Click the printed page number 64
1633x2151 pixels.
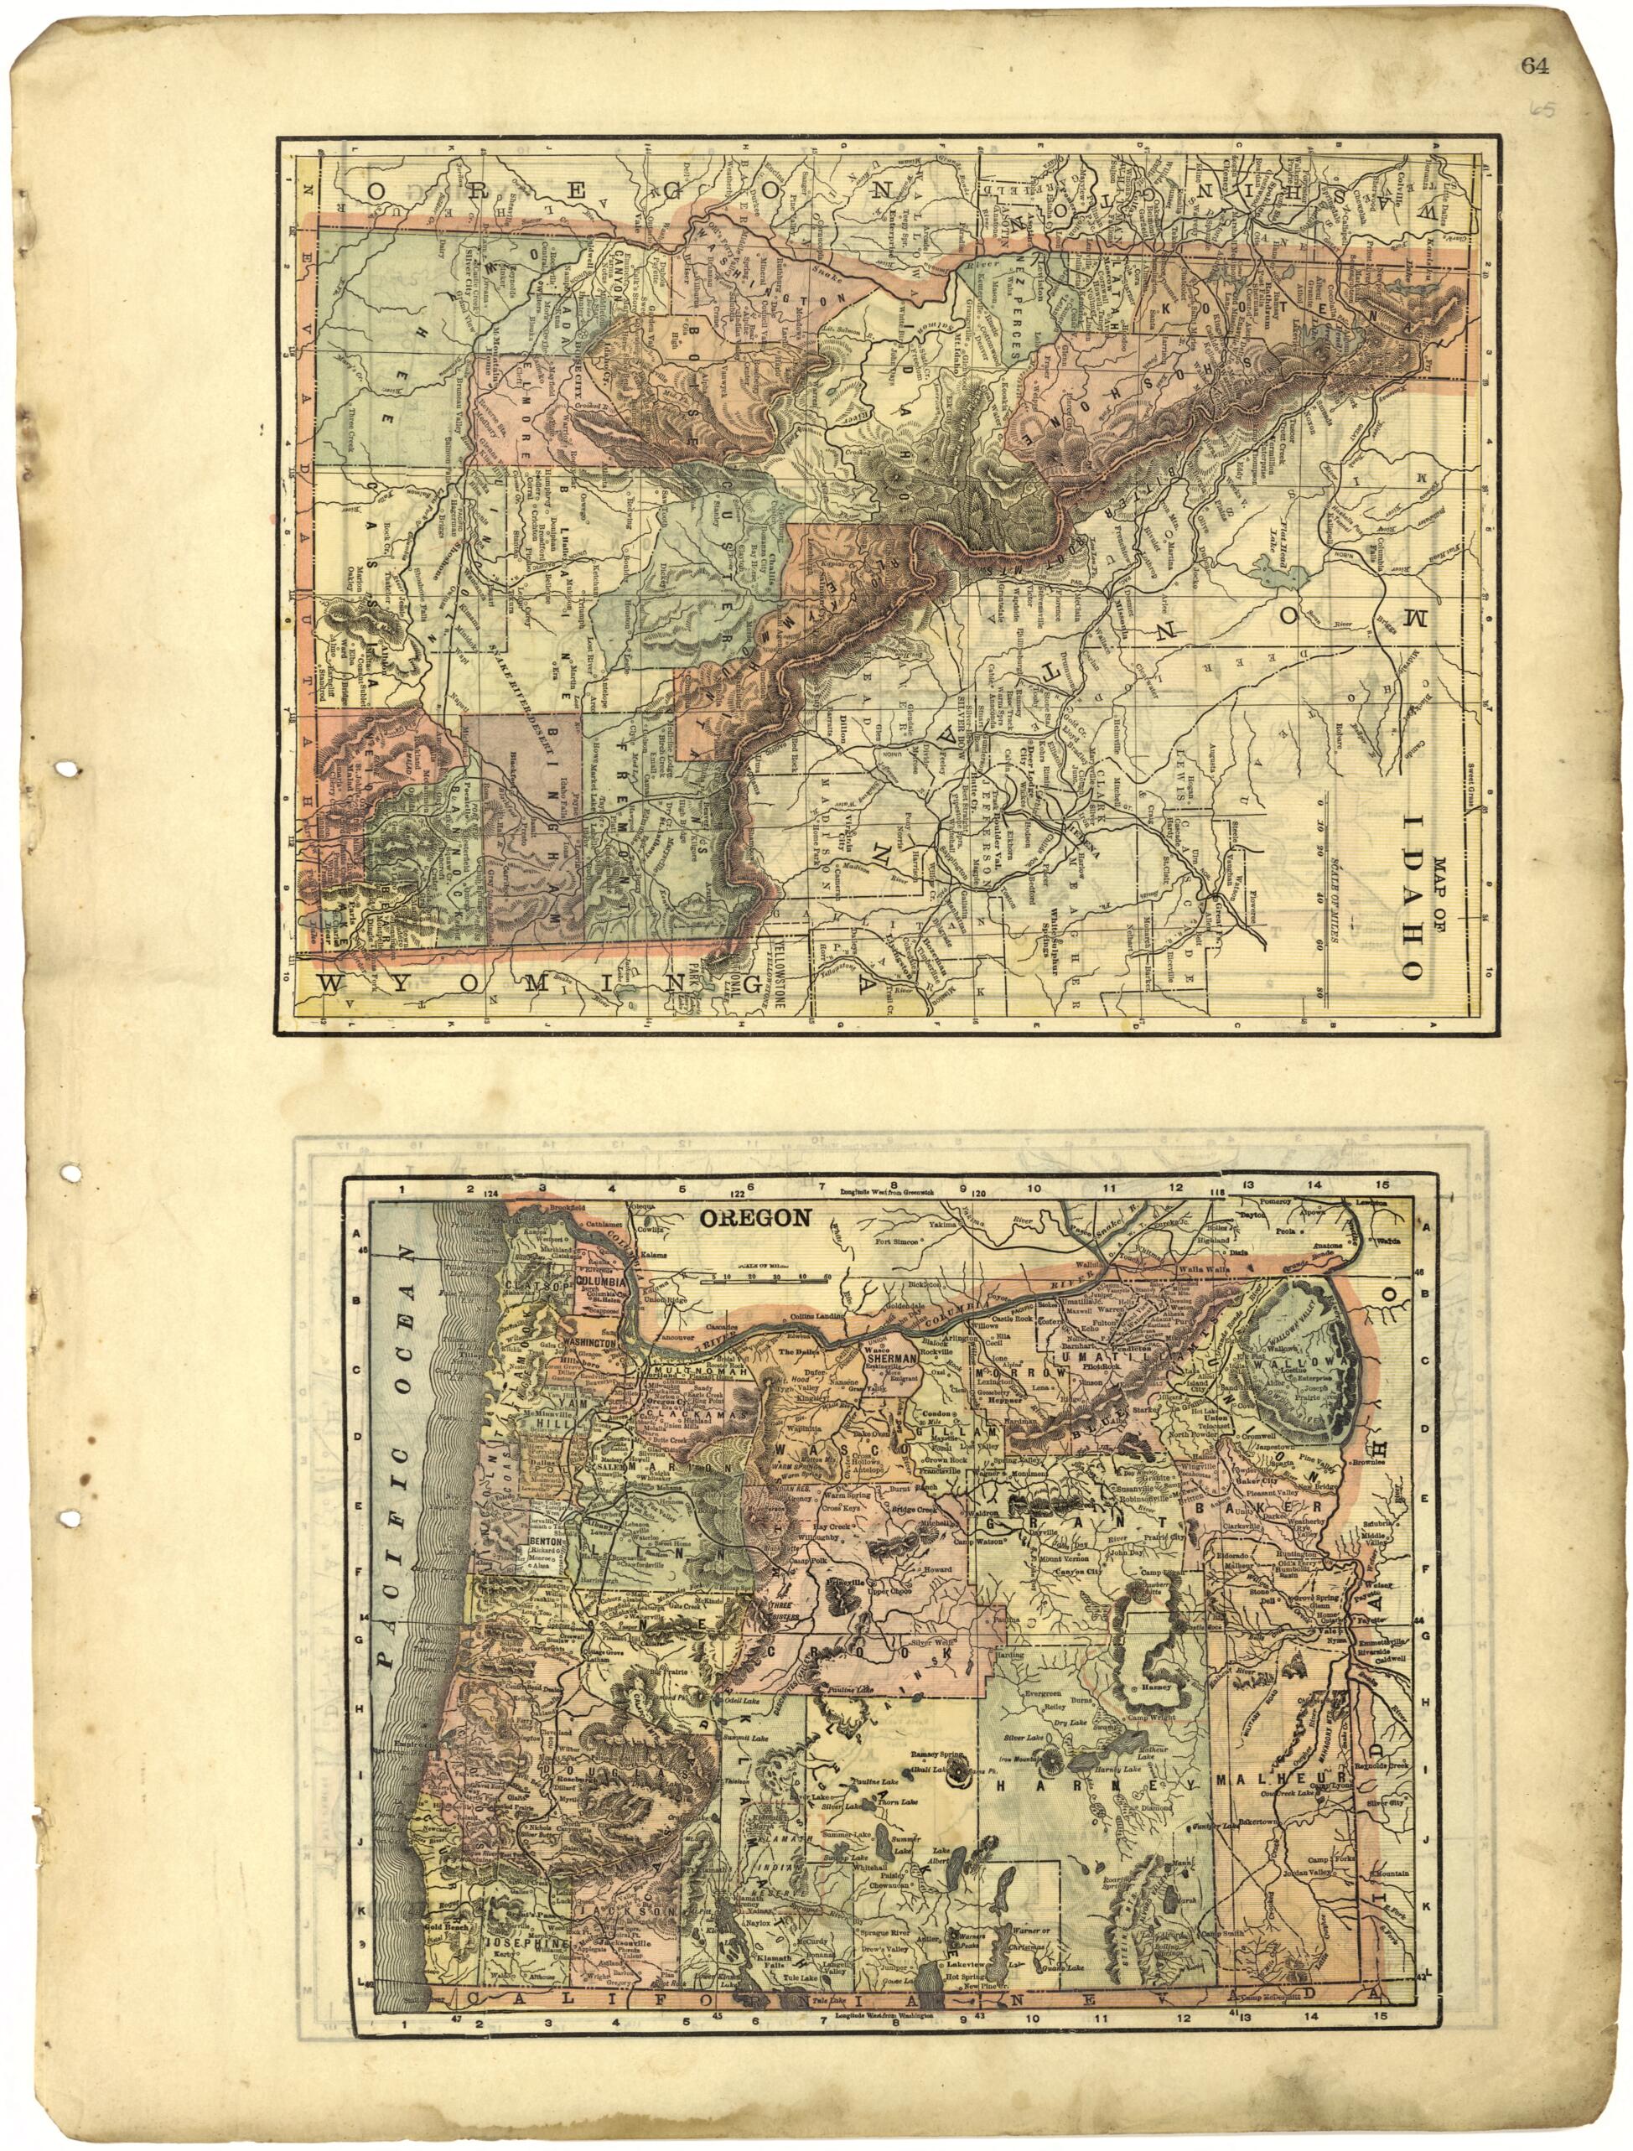tap(1536, 65)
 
